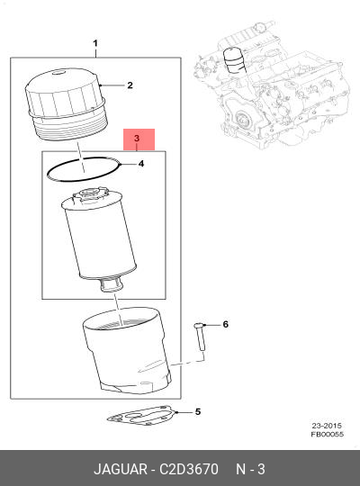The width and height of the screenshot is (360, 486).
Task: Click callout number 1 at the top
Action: point(95,43)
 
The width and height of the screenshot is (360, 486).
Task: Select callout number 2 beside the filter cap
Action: point(130,85)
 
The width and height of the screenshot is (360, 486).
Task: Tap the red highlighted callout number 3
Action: point(137,139)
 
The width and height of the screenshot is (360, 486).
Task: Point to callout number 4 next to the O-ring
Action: point(141,163)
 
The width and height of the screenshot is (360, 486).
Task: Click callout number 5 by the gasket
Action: point(198,411)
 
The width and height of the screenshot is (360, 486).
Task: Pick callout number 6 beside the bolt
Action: point(225,324)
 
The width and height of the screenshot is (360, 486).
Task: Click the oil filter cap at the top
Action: point(67,105)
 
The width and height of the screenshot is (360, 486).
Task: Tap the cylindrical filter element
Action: point(100,236)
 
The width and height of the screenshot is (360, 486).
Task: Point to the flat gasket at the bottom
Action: point(141,415)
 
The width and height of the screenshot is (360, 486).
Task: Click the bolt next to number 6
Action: point(201,337)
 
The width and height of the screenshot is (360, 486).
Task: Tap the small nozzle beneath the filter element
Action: point(111,284)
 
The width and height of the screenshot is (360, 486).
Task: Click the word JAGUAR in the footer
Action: point(121,469)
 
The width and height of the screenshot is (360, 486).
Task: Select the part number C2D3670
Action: point(189,469)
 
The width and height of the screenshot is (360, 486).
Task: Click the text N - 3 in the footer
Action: point(250,469)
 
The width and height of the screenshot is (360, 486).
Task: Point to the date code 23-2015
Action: point(327,426)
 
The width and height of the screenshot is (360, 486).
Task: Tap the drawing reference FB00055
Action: point(328,434)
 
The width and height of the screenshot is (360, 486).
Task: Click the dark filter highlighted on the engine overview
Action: point(233,60)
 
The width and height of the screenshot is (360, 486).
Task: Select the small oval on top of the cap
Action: point(57,73)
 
